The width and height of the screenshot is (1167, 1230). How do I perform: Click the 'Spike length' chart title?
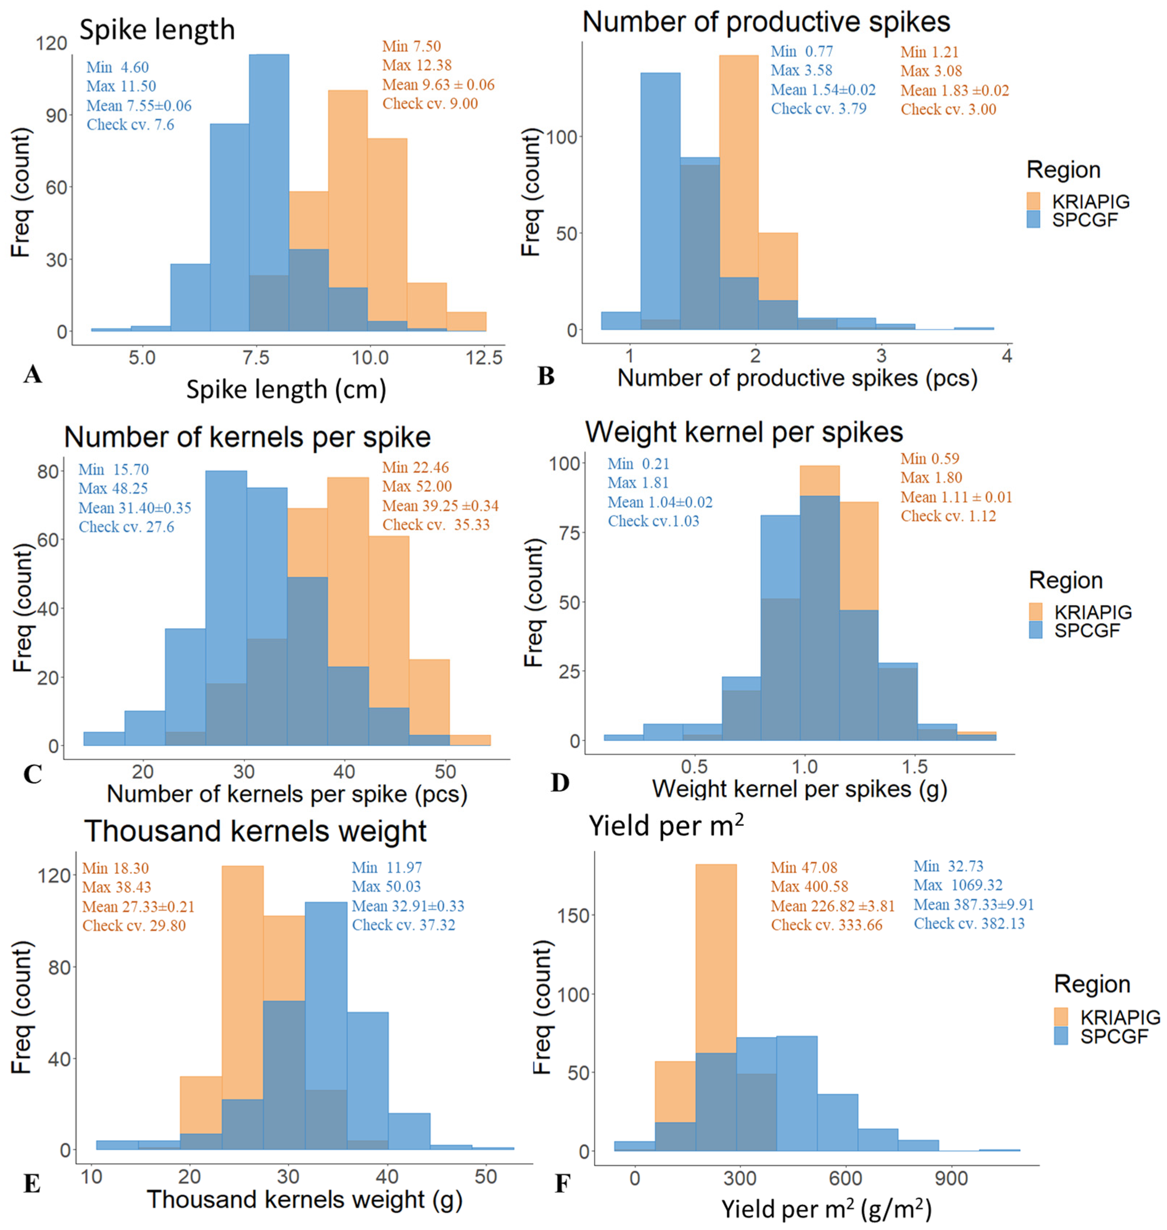157,30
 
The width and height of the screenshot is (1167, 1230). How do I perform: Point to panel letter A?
32,374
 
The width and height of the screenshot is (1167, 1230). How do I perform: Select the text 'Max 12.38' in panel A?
417,65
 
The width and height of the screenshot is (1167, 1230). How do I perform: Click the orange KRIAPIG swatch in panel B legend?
1033,201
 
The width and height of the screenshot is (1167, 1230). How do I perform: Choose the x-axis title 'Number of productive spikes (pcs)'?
797,378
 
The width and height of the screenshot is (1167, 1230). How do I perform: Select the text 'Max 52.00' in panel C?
417,487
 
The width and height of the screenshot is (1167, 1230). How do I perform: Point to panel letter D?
560,783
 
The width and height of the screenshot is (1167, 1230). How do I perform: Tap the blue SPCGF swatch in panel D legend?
1036,630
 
